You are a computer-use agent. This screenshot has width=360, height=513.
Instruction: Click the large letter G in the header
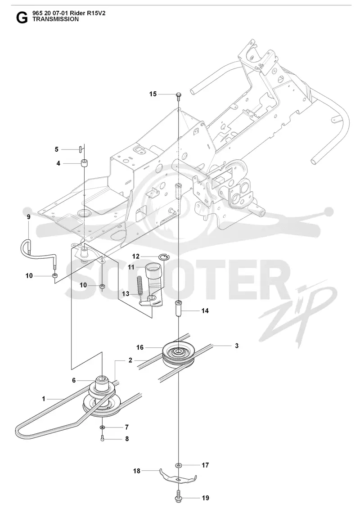[22, 18]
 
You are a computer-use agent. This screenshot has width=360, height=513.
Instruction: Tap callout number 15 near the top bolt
[153, 94]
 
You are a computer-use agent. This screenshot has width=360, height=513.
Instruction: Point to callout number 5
[57, 149]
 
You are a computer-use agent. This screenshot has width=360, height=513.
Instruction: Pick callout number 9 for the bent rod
[28, 217]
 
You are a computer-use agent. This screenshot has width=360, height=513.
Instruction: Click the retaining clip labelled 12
[164, 257]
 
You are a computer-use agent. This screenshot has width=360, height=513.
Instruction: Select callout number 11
[131, 267]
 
